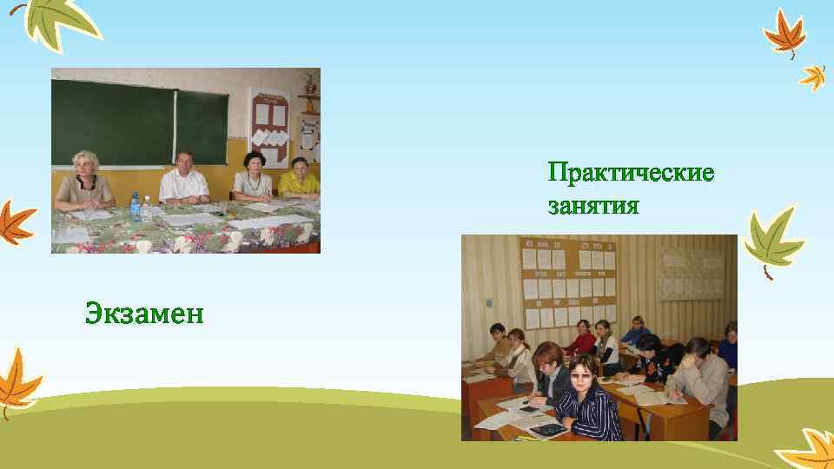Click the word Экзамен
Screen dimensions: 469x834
coord(145,312)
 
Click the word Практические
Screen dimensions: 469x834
coord(631,174)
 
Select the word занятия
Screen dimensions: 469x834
coord(593,207)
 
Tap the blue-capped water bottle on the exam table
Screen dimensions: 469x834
coord(135,207)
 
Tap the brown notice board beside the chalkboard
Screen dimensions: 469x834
coord(270,126)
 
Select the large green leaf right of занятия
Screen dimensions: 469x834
coord(772,238)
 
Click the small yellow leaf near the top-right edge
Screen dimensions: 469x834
coord(813,76)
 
